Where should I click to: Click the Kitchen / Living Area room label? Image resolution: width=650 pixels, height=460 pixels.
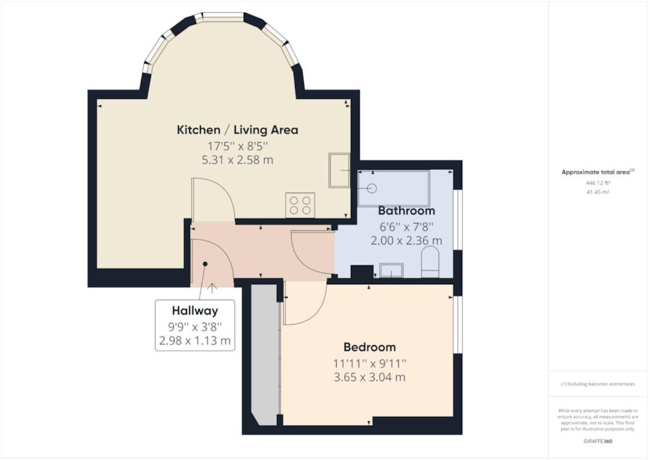237,130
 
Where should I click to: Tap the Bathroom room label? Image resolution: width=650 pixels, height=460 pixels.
406,211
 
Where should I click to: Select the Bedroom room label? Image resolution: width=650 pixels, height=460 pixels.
369,347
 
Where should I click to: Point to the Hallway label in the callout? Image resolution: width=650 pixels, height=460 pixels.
195,310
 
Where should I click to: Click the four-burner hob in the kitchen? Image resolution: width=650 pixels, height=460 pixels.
300,205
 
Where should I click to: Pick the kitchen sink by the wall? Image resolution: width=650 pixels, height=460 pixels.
339,170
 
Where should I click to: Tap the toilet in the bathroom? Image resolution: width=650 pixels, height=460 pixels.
430,262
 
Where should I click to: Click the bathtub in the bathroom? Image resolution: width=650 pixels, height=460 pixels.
394,188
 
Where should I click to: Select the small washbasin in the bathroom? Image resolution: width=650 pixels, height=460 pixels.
391,270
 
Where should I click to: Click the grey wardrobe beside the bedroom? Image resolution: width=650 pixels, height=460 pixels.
265,355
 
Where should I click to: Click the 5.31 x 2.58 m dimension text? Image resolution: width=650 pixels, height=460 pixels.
237,160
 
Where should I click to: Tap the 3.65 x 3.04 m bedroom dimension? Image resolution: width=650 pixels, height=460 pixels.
369,377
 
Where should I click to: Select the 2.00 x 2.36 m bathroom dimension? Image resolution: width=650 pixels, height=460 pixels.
406,240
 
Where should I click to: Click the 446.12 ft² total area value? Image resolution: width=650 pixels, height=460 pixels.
597,183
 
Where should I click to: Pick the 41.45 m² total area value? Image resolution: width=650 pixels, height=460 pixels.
597,193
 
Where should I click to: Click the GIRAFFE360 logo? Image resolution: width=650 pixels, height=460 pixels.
597,441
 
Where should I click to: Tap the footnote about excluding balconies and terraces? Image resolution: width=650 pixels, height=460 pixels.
597,384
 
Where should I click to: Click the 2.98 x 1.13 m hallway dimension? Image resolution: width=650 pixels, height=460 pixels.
195,341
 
